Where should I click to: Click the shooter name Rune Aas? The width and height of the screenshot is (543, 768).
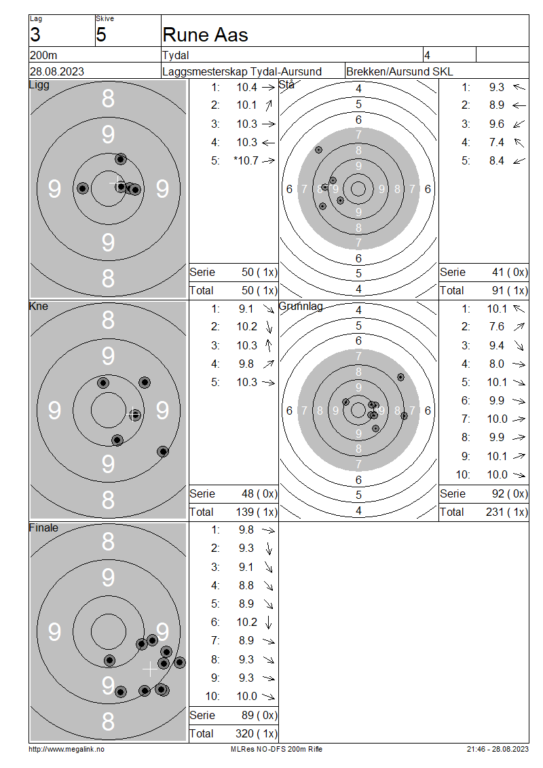click(x=205, y=35)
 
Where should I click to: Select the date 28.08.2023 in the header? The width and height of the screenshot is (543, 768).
click(x=57, y=71)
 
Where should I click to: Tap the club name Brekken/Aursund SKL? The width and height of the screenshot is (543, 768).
click(x=399, y=71)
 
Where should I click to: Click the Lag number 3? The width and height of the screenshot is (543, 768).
click(x=35, y=35)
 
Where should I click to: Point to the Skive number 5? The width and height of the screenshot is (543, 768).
click(x=101, y=35)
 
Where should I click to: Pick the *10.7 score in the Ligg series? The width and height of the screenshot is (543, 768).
click(x=246, y=160)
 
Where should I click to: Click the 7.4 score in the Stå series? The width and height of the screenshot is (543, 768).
click(x=497, y=142)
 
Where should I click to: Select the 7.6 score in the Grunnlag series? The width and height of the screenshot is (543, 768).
click(x=497, y=327)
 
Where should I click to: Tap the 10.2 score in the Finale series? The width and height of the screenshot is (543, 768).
click(x=246, y=622)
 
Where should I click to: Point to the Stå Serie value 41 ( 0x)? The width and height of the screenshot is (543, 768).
click(x=510, y=272)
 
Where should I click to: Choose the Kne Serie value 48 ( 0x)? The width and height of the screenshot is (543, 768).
click(x=259, y=493)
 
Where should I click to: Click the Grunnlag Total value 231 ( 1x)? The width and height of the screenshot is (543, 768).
click(x=507, y=512)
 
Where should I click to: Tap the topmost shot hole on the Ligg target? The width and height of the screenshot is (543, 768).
click(x=121, y=158)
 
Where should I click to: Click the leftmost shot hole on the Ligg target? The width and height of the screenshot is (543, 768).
click(x=83, y=188)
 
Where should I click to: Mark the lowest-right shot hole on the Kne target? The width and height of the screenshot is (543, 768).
click(x=163, y=451)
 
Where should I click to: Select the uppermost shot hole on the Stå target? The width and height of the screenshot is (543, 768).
click(x=318, y=150)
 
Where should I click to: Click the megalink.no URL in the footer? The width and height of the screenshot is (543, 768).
click(x=67, y=749)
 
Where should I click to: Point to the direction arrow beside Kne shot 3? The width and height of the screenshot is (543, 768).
click(x=268, y=345)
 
